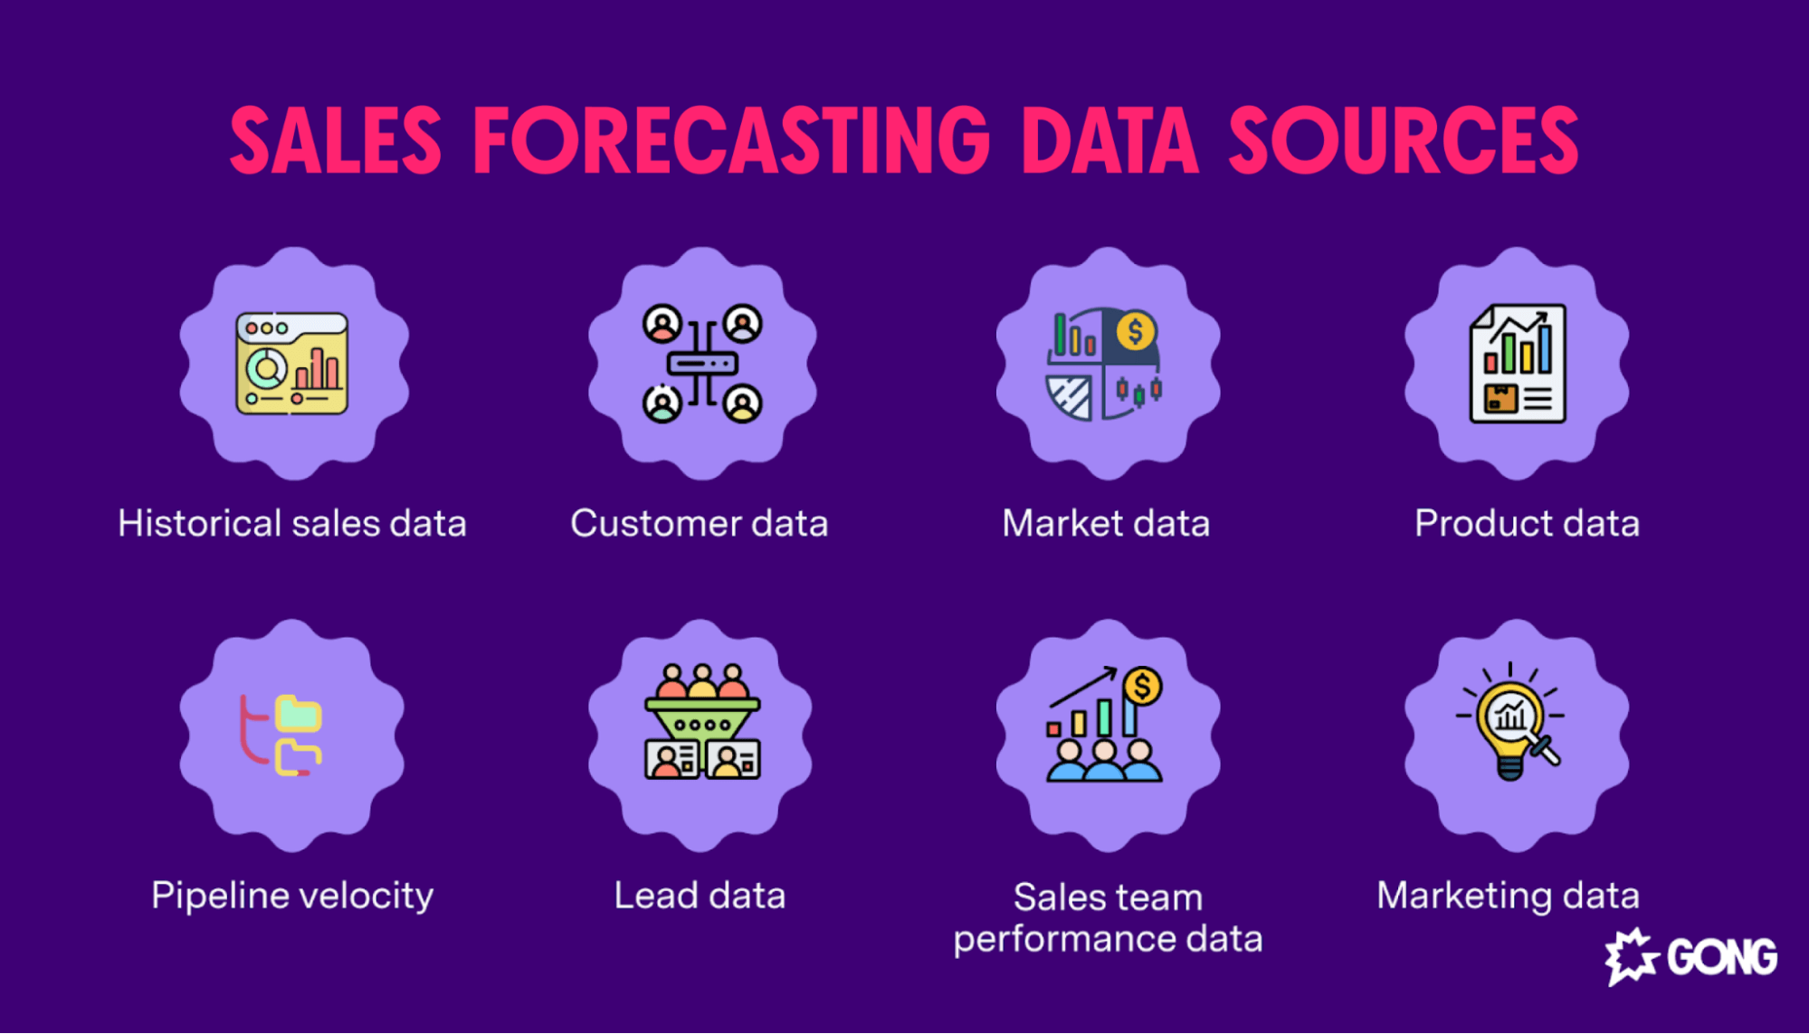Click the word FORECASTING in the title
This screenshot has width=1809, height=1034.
coord(731,141)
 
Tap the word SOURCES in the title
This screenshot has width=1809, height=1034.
coord(1404,141)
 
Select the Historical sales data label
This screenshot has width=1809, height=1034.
coord(291,524)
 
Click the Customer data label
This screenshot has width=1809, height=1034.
coord(699,524)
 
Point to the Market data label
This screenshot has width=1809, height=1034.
coord(1106,524)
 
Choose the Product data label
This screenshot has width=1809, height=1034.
coord(1527,524)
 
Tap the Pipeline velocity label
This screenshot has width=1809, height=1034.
coord(291,896)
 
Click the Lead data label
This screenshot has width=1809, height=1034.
coord(700,896)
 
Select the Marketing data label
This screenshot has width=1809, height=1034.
coord(1508,896)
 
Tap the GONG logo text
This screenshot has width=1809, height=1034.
coord(1721,958)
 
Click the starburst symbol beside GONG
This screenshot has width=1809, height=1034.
coord(1631,956)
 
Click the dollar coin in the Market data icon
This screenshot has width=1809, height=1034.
coord(1135,332)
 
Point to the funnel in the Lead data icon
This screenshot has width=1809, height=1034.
coord(702,719)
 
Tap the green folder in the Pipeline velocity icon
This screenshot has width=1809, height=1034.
coord(300,713)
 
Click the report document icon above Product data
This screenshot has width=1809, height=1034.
coord(1517,364)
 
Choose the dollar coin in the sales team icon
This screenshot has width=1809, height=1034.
coord(1142,687)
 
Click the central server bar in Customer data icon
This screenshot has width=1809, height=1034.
coord(702,364)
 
